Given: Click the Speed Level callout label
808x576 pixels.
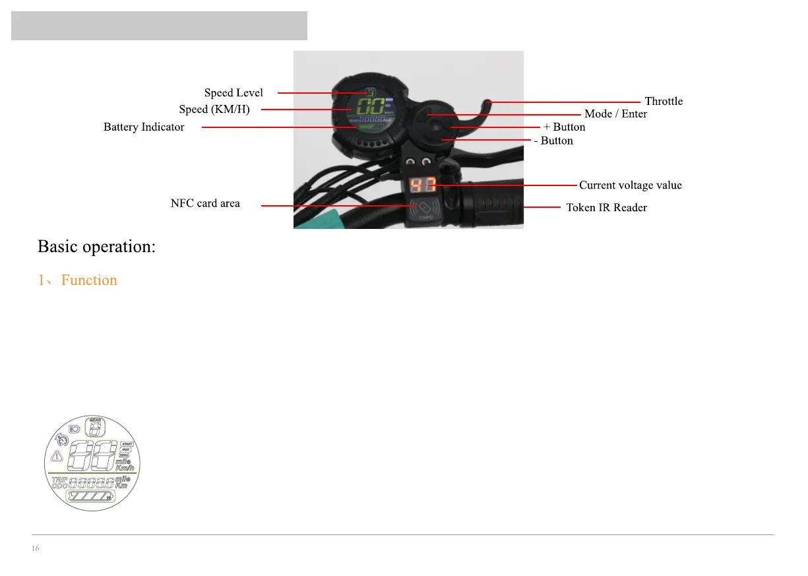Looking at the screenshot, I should (233, 93).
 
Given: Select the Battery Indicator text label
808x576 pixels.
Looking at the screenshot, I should (144, 127).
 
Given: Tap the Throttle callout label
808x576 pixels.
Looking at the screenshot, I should (664, 102).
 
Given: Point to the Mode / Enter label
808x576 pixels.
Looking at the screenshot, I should (615, 114).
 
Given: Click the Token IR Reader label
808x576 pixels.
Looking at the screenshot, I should (606, 208).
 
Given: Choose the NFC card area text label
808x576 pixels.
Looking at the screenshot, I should (205, 203).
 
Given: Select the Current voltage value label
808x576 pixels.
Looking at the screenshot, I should (630, 185).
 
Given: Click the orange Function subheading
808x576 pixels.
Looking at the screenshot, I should (89, 280).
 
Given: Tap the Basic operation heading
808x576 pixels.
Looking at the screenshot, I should (96, 247).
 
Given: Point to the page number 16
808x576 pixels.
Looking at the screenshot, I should (35, 549).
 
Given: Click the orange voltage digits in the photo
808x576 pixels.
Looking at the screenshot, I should (420, 185).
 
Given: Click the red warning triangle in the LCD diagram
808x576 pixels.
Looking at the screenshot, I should (57, 455).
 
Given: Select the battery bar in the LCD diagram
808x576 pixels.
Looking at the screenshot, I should (91, 497).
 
